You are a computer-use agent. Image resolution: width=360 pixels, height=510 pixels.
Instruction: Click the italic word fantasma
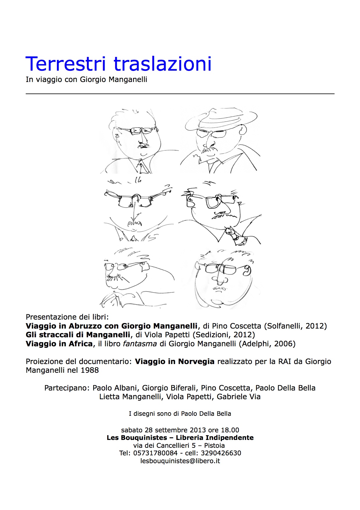tap(140, 344)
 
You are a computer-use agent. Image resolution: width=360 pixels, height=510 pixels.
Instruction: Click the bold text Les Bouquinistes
tap(137, 438)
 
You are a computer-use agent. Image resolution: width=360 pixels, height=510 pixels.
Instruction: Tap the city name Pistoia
tap(214, 445)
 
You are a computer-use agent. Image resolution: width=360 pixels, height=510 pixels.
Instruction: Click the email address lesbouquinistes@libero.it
tap(180, 461)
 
